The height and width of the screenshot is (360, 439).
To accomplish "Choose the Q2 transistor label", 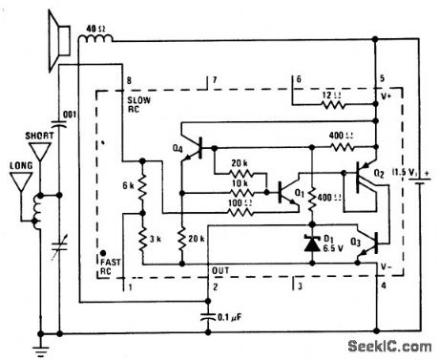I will tap(380, 174).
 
